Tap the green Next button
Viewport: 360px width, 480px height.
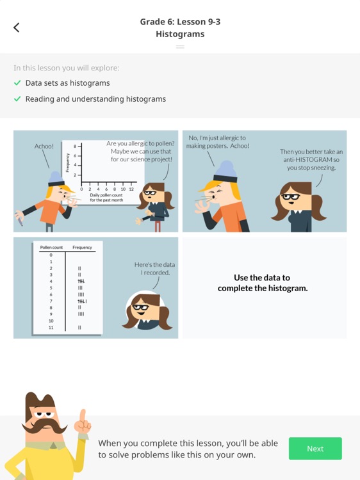(315, 448)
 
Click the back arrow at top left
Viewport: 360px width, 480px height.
(17, 27)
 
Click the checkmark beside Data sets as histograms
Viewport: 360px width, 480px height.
(17, 83)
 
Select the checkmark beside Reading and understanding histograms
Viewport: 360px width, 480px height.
(17, 99)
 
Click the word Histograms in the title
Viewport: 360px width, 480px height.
(180, 34)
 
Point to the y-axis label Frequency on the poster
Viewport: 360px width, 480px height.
(67, 161)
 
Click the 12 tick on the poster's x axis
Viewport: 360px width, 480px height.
(131, 189)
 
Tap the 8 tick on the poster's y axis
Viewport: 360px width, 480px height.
(74, 147)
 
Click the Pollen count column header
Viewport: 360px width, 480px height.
(51, 247)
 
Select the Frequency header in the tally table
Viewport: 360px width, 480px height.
(82, 247)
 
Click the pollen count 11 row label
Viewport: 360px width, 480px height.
(51, 328)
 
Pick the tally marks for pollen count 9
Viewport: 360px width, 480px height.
(81, 314)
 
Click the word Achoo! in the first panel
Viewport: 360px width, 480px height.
(44, 147)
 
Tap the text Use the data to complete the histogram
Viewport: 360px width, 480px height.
(262, 283)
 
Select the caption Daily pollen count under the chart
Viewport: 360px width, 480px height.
(106, 195)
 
